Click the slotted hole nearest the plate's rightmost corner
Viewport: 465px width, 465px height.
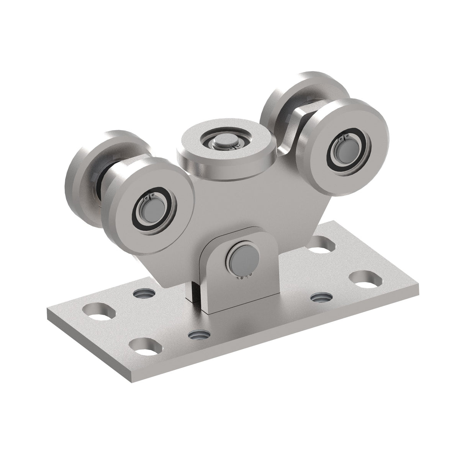click(365, 279)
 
